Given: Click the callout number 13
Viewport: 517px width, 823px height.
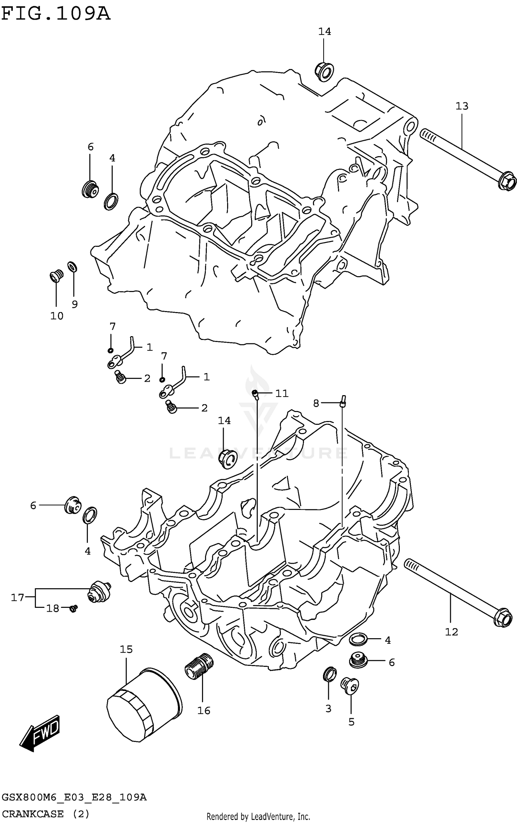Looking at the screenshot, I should click(x=462, y=106).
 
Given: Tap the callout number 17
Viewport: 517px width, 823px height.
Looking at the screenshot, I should click(x=17, y=598).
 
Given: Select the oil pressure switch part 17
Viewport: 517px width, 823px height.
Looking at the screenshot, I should click(x=100, y=592).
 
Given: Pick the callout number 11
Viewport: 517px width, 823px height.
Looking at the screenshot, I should click(x=282, y=393).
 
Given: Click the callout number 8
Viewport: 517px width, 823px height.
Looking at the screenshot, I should click(x=316, y=403).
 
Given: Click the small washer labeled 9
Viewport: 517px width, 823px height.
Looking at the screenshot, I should click(x=72, y=267).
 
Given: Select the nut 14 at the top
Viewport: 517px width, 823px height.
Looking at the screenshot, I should click(x=324, y=71).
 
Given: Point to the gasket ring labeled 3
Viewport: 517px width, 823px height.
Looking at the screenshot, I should click(x=330, y=674).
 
